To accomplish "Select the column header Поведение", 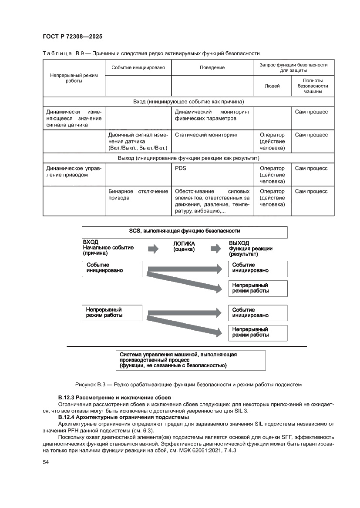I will click(x=212, y=67).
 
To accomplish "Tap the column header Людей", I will click(x=272, y=86).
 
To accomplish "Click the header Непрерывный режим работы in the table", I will click(x=74, y=78).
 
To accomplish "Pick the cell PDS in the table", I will click(x=180, y=168).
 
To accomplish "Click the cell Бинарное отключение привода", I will click(x=138, y=195).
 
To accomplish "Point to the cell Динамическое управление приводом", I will click(x=74, y=172).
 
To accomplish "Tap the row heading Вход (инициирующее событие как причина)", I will click(x=188, y=102).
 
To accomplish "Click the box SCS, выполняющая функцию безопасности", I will click(x=185, y=231).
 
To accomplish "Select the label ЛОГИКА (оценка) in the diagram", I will click(x=184, y=247).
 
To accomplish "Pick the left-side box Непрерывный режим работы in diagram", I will click(x=112, y=312).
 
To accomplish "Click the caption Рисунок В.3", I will click(x=188, y=385).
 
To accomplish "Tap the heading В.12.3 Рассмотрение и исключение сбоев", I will click(x=114, y=398).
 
